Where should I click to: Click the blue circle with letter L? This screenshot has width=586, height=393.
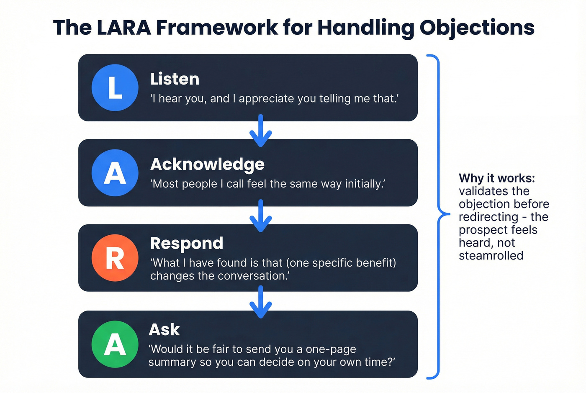point(115,87)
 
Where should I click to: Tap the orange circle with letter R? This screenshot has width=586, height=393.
point(115,258)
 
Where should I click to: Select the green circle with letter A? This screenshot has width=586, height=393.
point(115,344)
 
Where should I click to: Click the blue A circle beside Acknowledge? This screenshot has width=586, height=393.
point(115,172)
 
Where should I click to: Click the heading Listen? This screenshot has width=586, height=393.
point(175,79)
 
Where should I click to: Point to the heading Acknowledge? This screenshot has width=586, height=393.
point(207,164)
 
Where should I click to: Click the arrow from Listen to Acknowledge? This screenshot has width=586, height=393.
point(260,131)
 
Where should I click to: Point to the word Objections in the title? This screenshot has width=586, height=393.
point(477,28)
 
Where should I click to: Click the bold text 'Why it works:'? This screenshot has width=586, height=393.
point(496,178)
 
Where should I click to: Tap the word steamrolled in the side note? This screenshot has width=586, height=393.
point(491,256)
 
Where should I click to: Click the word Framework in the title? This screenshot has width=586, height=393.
point(217,28)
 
